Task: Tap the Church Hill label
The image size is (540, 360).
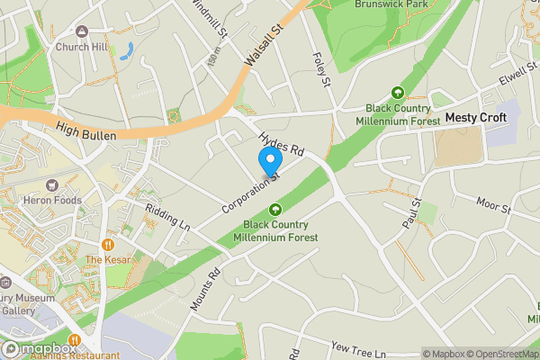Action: [82, 48]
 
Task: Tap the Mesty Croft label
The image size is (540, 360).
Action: [476, 118]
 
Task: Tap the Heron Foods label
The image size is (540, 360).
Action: [55, 200]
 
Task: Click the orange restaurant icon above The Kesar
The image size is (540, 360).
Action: [108, 244]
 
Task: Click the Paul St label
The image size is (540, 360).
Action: [414, 211]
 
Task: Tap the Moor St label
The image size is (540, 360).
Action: [494, 205]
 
